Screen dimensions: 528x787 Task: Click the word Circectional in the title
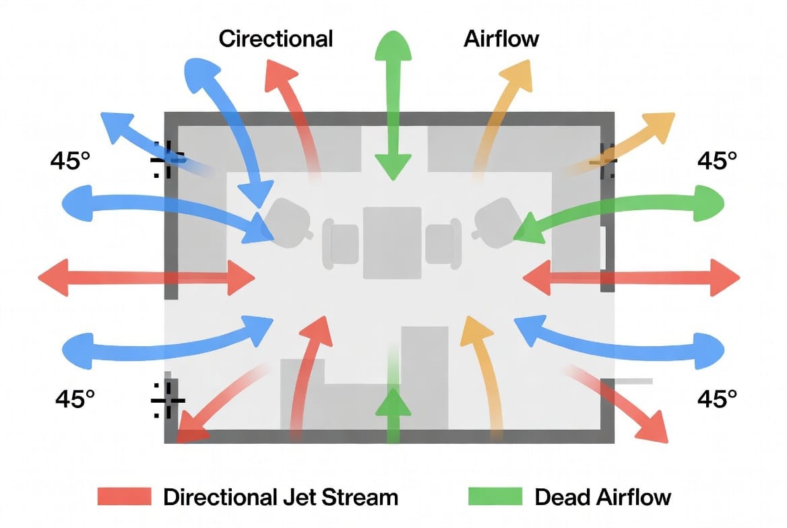(x=276, y=38)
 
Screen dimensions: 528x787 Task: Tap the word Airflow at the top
(x=501, y=38)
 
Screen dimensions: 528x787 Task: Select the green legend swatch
(x=495, y=497)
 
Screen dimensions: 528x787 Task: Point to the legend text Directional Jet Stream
(x=280, y=498)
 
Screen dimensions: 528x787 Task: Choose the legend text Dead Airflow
(x=603, y=498)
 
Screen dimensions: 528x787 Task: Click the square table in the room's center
(x=392, y=242)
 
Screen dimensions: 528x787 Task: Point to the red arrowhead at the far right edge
(x=728, y=277)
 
